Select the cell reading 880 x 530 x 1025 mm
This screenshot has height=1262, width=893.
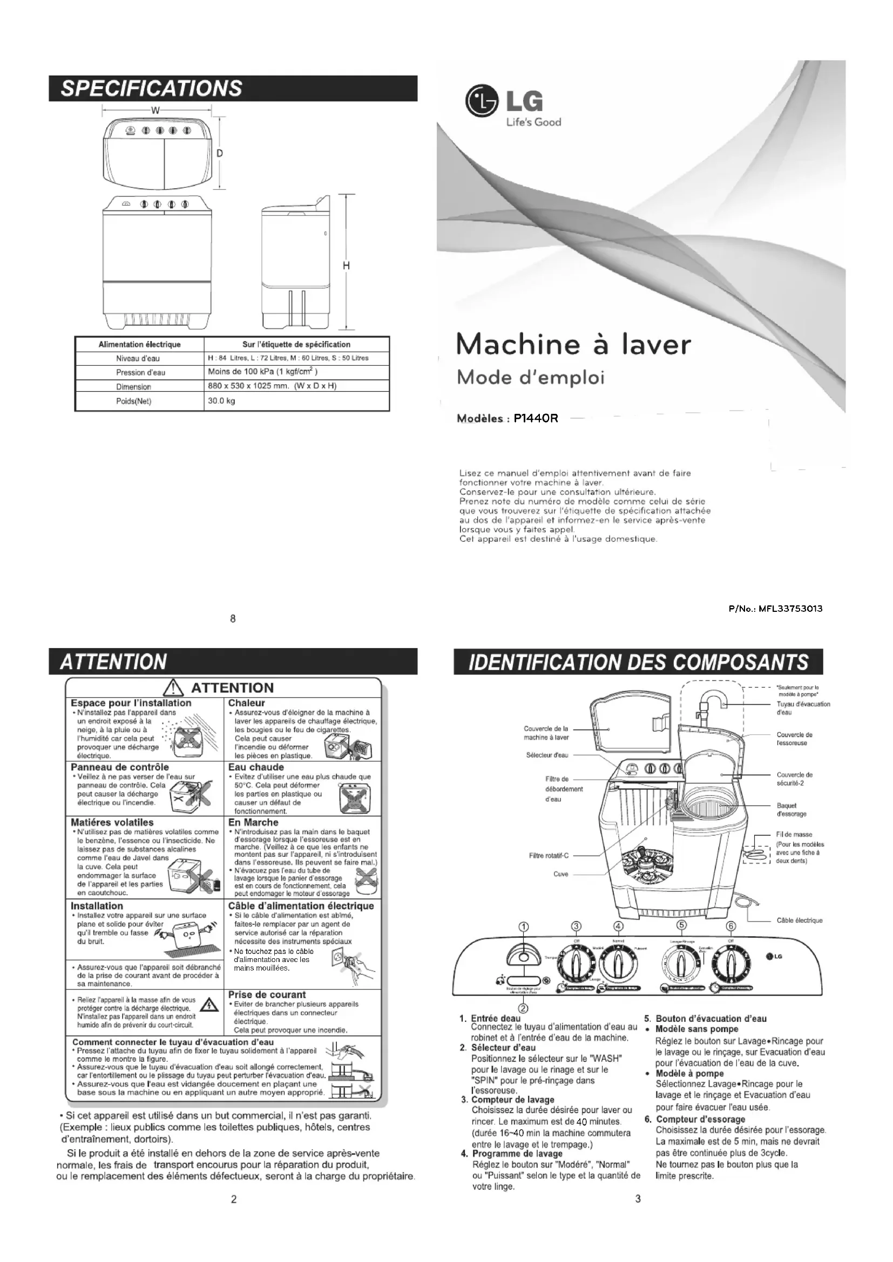272,386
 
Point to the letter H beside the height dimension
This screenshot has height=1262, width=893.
346,266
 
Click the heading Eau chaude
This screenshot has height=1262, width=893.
256,767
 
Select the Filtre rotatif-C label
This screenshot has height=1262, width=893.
549,855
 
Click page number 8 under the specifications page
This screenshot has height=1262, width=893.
233,619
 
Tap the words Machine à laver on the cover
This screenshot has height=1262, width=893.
573,345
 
